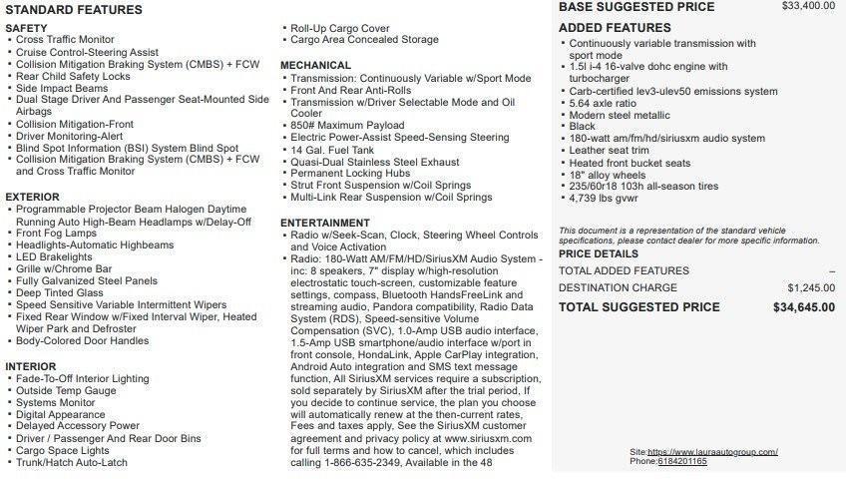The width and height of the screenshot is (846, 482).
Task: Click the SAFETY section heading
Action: click(27, 28)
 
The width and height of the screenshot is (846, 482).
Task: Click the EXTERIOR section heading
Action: click(32, 198)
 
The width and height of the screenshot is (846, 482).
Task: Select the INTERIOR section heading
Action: click(31, 366)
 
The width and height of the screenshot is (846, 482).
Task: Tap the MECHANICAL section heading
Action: click(315, 65)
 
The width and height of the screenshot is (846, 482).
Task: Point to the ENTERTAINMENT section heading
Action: click(325, 223)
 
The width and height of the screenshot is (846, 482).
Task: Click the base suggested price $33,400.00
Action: click(808, 6)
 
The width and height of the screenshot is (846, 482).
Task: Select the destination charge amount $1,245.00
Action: click(811, 287)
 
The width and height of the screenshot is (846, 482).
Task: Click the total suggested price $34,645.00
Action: click(804, 307)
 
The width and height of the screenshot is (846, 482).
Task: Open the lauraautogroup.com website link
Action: click(712, 452)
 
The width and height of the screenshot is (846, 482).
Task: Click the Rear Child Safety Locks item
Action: click(73, 76)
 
